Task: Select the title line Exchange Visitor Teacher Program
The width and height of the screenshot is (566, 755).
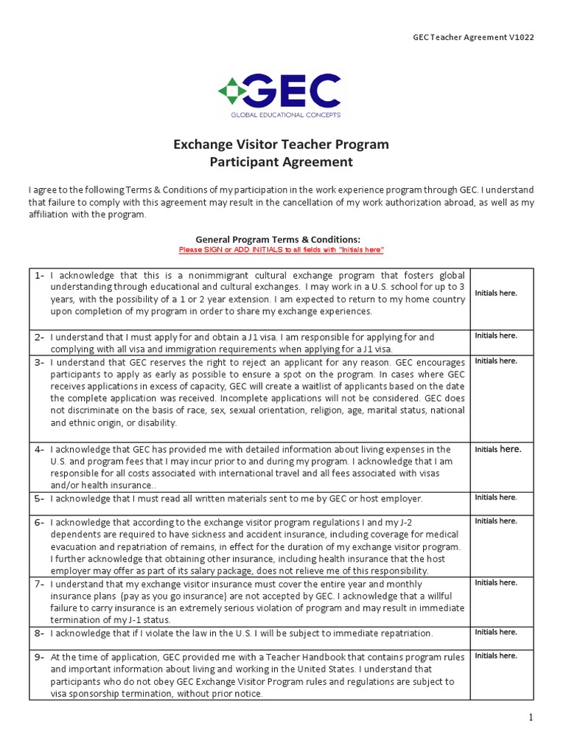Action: [281, 144]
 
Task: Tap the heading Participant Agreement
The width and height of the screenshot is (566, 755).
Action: [281, 162]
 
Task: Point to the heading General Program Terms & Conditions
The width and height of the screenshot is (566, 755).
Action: [278, 240]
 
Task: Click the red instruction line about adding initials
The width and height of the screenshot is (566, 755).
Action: [282, 250]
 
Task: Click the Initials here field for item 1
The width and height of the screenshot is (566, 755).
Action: [496, 293]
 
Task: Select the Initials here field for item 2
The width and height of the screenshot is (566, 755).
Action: [496, 335]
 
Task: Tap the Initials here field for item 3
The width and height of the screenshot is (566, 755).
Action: [496, 361]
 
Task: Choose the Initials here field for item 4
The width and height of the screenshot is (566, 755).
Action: [498, 448]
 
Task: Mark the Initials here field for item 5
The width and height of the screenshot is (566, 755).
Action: [496, 497]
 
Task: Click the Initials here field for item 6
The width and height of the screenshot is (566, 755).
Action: [496, 521]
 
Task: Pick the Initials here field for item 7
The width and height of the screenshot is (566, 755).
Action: [496, 582]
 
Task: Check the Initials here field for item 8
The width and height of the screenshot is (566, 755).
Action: [496, 632]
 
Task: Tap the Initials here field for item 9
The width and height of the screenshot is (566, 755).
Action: [496, 655]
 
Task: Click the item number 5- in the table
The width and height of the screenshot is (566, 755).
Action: [40, 498]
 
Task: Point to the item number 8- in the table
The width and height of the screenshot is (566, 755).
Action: [40, 633]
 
